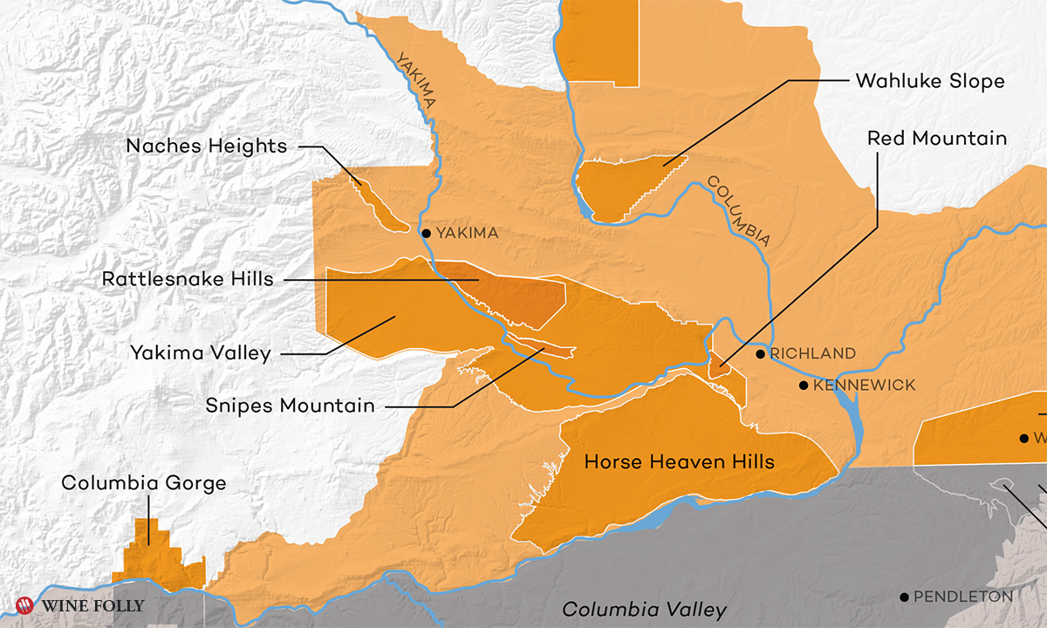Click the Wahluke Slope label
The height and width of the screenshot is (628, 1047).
click(930, 81)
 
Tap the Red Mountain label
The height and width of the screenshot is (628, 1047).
click(937, 139)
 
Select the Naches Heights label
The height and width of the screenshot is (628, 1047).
click(206, 146)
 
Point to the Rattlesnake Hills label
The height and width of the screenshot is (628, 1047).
click(188, 280)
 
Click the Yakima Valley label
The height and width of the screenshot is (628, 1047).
click(201, 353)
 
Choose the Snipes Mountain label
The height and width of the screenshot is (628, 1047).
click(291, 406)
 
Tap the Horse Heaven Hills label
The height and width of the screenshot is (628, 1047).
click(679, 461)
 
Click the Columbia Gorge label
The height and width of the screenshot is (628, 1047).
click(144, 483)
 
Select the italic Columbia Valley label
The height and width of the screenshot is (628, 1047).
click(644, 610)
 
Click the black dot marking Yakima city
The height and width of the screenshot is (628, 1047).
click(426, 233)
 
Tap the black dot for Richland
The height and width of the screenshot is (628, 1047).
click(761, 353)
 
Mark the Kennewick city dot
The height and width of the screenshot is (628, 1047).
click(803, 385)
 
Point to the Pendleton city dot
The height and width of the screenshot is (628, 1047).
click(905, 597)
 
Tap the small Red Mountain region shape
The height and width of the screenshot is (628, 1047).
click(719, 365)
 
